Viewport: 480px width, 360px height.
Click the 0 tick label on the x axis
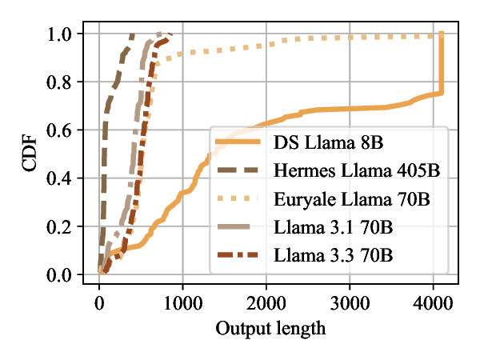(99, 303)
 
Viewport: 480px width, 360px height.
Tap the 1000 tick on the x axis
(182, 303)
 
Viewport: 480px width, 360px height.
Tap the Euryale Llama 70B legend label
(351, 199)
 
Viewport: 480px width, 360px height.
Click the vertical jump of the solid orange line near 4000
(441, 64)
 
